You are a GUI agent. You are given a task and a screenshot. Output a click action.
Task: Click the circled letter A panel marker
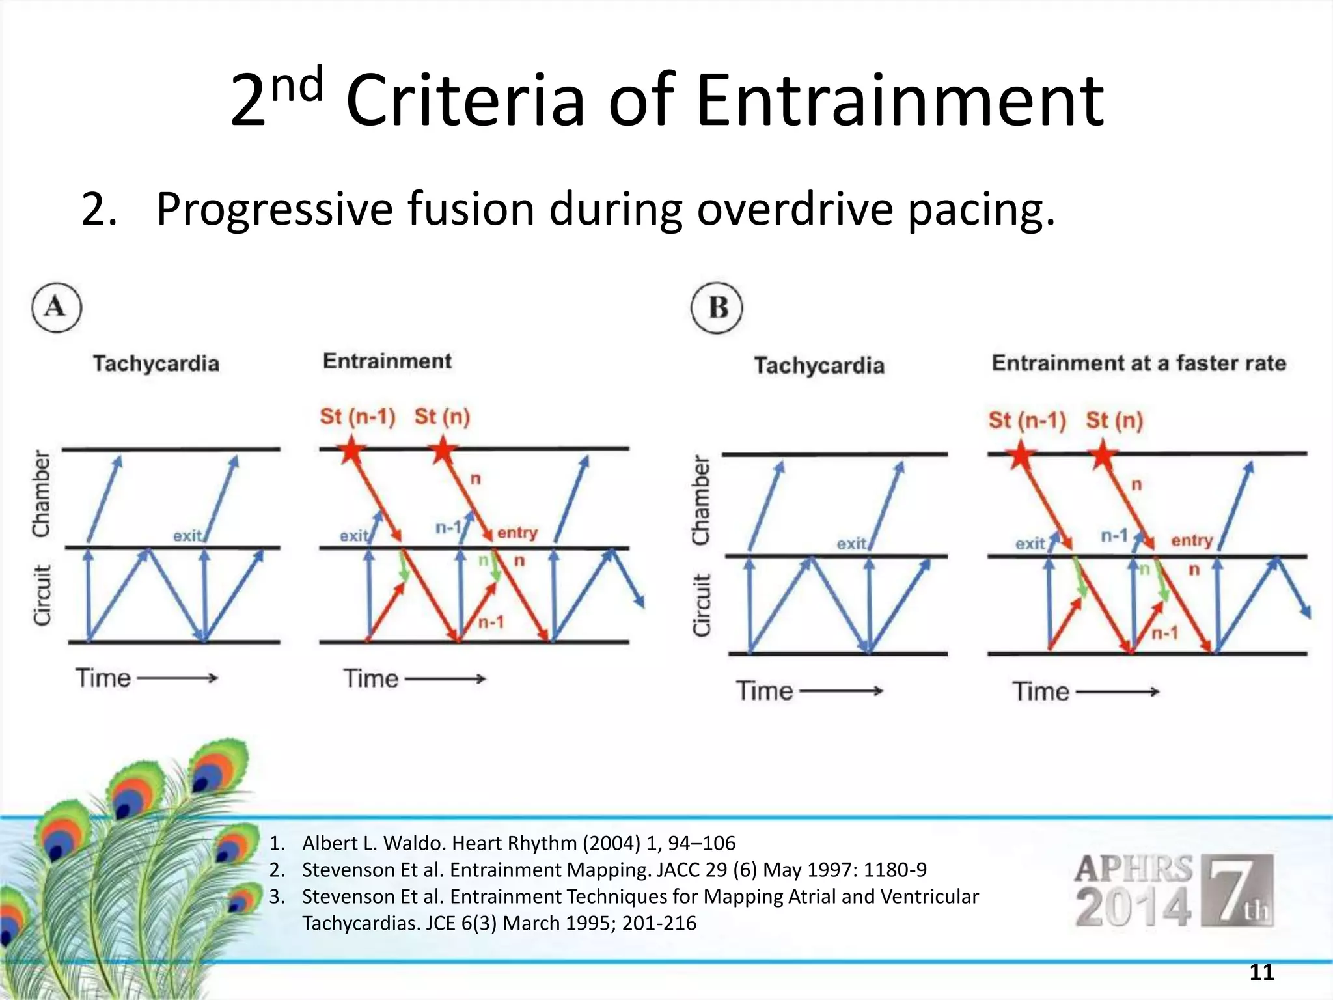[57, 307]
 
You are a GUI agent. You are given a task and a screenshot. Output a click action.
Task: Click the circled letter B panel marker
[717, 308]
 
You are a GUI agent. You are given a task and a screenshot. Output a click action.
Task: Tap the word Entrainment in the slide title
[900, 101]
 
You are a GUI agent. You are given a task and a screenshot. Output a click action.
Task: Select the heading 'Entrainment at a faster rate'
[1138, 363]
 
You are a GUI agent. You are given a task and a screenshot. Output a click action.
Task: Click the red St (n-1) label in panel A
[357, 416]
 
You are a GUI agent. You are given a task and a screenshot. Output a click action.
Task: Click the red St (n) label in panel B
[1114, 420]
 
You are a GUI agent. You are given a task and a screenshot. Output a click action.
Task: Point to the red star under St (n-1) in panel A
[351, 450]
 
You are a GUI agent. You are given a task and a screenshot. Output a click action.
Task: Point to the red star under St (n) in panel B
[1102, 454]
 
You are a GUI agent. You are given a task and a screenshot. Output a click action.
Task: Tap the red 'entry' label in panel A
[517, 533]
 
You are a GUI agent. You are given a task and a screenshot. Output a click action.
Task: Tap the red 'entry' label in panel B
[1192, 540]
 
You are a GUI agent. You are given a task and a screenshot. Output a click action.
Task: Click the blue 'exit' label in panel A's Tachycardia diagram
[187, 536]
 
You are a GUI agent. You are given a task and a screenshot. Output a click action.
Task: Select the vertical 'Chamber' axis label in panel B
[701, 499]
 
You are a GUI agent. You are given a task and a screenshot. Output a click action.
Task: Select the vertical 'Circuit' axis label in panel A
[42, 595]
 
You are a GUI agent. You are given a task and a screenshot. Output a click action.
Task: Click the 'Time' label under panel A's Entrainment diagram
[371, 678]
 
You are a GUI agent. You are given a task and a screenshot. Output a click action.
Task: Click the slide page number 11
[1261, 972]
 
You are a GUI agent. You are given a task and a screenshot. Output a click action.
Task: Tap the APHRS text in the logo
[1133, 868]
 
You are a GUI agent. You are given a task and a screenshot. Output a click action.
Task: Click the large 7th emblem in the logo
[1236, 890]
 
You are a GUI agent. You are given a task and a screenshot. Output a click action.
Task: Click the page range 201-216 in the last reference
[659, 923]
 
